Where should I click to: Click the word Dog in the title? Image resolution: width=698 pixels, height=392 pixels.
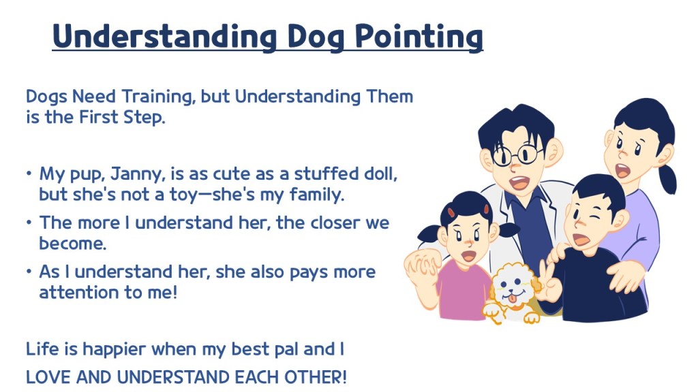316,36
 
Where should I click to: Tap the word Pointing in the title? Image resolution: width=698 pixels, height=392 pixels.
419,36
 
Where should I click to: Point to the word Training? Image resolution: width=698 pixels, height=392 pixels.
158,97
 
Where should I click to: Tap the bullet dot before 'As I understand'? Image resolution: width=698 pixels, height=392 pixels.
29,271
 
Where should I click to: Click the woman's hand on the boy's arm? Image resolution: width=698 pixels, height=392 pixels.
628,276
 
